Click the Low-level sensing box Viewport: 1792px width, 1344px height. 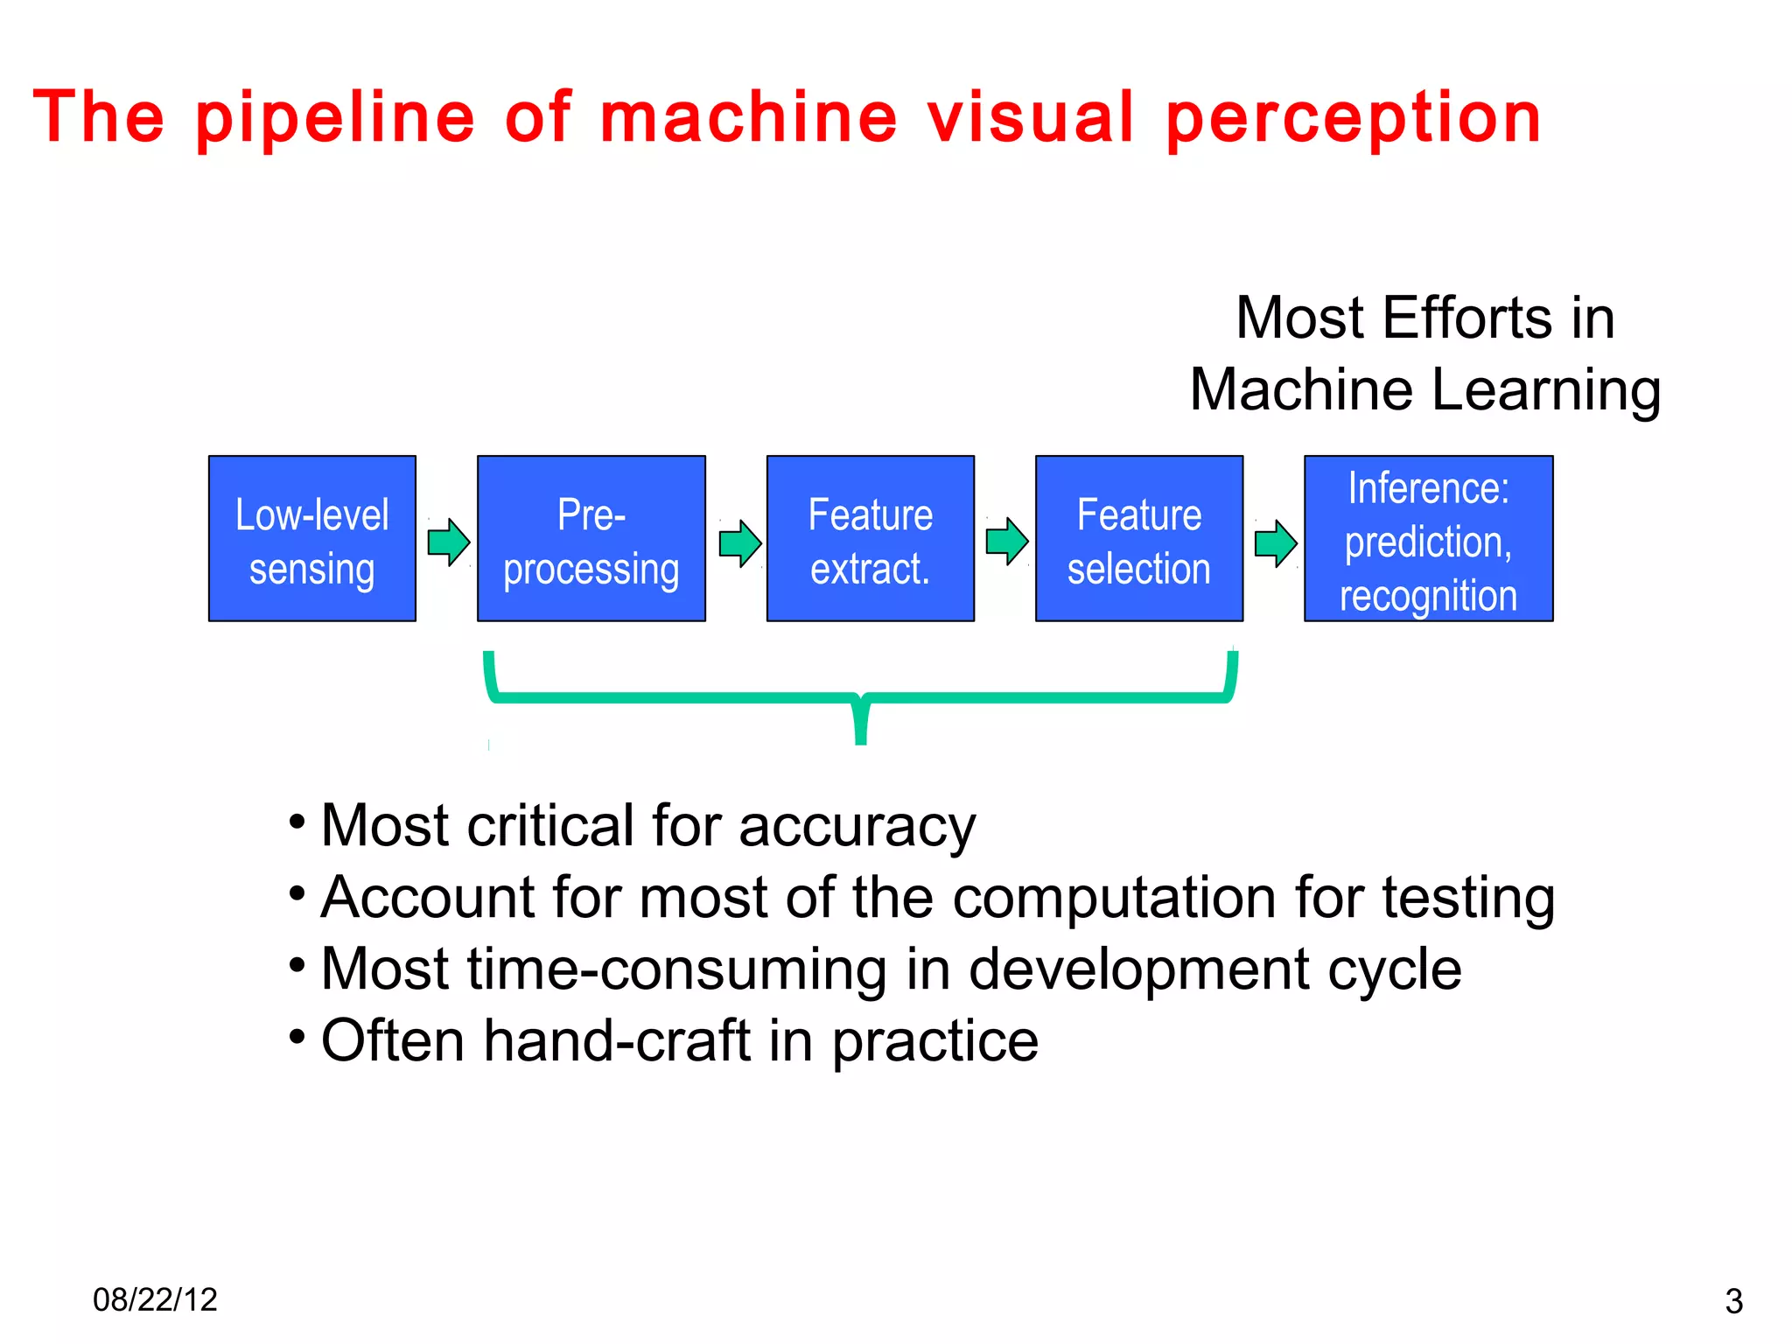311,538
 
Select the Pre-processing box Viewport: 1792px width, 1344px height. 591,538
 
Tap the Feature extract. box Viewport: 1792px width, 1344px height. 870,538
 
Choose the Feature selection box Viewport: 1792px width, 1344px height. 1138,538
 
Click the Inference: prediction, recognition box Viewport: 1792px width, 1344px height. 1428,538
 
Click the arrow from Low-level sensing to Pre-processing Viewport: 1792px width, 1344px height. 449,542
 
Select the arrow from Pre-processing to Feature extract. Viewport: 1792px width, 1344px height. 740,543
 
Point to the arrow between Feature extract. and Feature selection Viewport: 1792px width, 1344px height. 1007,542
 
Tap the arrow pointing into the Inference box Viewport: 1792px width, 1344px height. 1276,543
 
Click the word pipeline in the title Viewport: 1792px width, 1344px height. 335,118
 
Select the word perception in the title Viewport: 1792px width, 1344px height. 1353,118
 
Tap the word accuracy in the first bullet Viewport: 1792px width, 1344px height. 857,827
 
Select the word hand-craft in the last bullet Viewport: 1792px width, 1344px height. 617,1041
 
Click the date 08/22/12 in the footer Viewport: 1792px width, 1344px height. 155,1300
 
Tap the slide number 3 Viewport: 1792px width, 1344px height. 1733,1302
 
